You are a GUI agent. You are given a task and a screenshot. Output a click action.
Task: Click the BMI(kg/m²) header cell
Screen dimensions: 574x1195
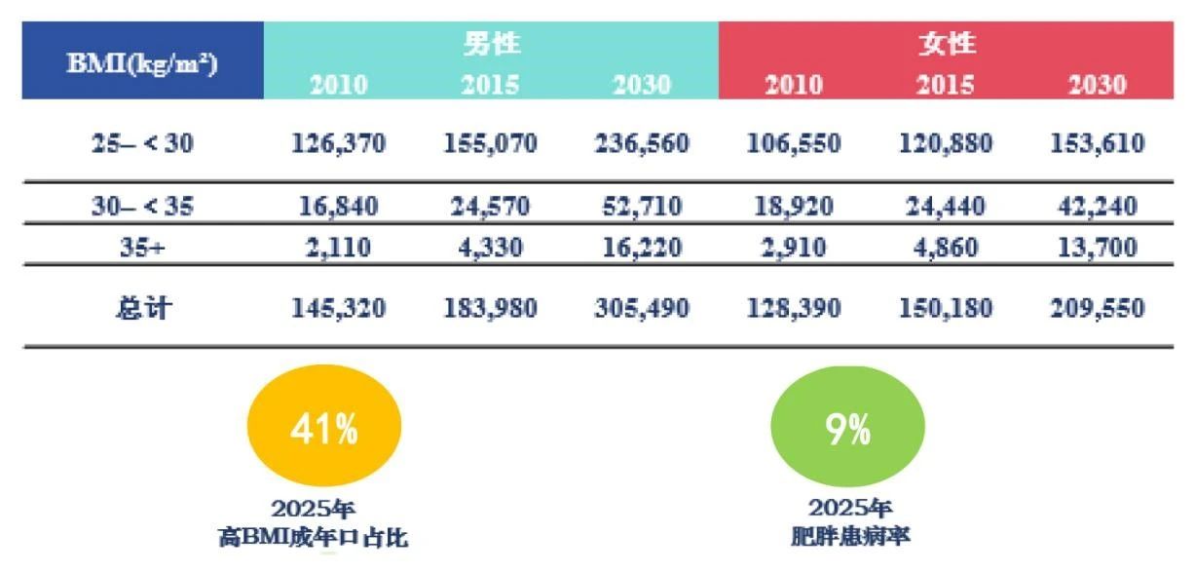[x=142, y=62]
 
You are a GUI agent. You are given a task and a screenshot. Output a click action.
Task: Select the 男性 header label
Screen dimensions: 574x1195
[x=491, y=43]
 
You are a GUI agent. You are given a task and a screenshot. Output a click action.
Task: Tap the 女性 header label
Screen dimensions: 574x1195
[x=946, y=43]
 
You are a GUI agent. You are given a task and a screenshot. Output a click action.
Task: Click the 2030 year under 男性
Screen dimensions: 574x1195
[x=642, y=85]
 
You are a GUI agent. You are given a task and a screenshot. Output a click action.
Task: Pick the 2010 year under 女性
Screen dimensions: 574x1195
[x=794, y=85]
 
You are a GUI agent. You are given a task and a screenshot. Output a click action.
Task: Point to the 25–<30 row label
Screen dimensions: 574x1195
[x=142, y=143]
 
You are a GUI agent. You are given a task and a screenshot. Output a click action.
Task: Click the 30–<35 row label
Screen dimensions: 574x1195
[x=142, y=206]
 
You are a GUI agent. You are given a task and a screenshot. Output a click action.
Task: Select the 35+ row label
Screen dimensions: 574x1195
[x=142, y=248]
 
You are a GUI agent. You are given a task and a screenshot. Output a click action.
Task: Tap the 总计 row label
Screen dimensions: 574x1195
[x=142, y=309]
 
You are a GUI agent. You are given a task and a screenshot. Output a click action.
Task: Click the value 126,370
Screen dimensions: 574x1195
[x=339, y=143]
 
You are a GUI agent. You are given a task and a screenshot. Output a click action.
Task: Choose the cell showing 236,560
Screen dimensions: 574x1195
[x=642, y=143]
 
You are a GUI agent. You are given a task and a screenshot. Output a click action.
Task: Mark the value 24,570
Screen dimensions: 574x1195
[x=490, y=206]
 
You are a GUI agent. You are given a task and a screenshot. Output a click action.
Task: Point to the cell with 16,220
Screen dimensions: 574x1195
[x=642, y=248]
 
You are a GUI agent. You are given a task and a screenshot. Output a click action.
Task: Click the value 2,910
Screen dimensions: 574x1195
[x=794, y=248]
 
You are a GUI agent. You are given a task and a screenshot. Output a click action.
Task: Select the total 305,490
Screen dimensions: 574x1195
[x=642, y=309]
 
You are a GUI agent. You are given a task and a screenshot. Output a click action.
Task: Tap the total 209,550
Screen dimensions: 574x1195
[x=1097, y=309]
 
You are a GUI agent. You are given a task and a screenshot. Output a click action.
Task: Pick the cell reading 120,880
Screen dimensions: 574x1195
[x=945, y=143]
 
